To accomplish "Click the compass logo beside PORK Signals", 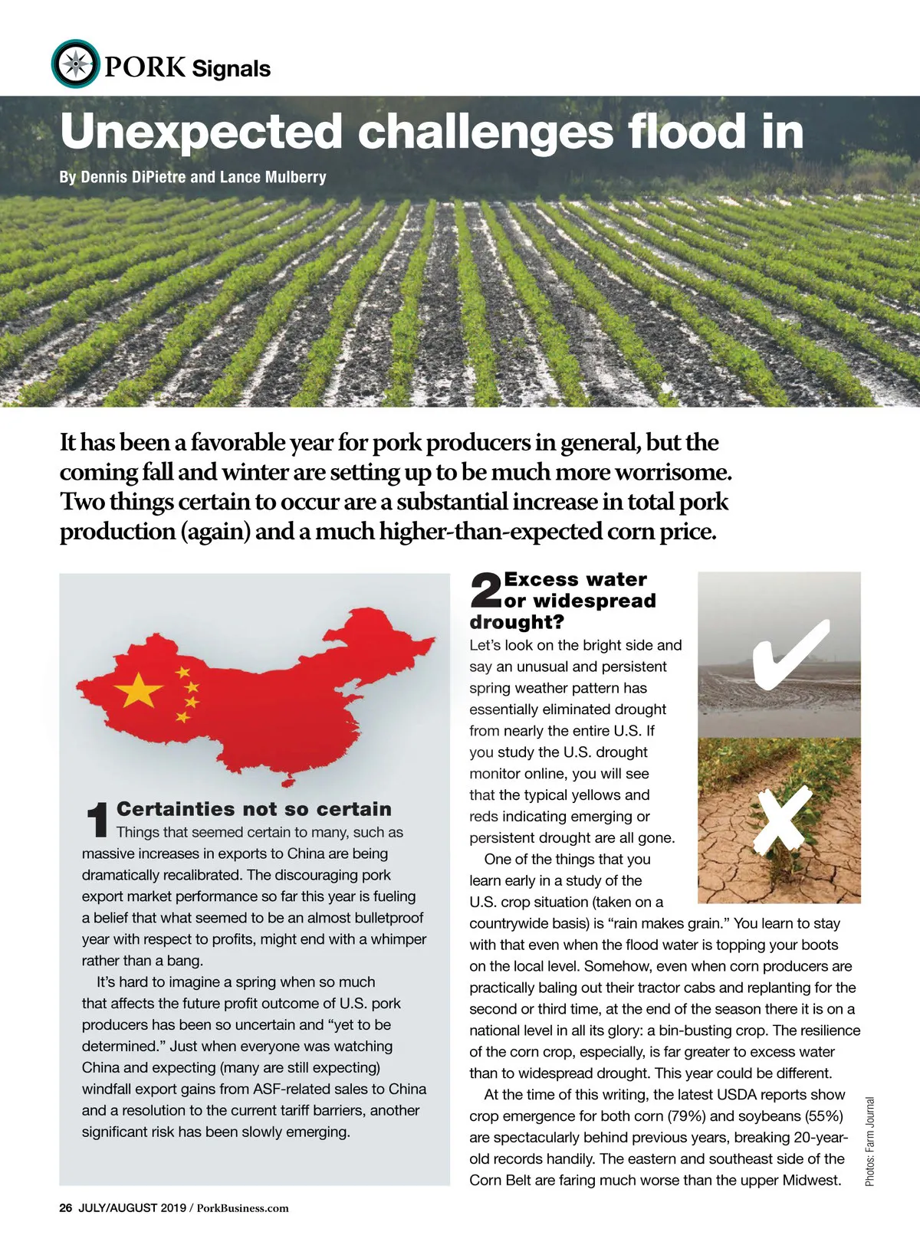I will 75,64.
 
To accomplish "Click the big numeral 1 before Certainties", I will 97,820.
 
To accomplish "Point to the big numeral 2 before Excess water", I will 485,591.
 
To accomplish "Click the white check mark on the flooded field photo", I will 790,652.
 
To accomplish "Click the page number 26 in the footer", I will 65,1208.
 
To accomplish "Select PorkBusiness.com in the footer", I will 243,1208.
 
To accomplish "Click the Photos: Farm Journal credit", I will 869,1142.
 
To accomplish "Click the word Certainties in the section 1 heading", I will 176,809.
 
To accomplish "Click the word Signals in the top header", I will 231,69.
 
